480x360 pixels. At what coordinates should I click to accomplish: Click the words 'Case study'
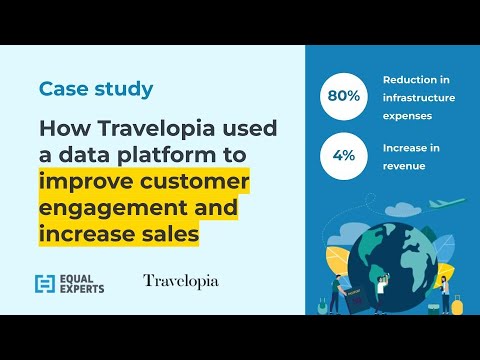[96, 89]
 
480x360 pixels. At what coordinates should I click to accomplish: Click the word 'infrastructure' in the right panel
[419, 98]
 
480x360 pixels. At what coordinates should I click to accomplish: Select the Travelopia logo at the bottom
[180, 281]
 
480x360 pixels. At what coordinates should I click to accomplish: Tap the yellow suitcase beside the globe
[457, 303]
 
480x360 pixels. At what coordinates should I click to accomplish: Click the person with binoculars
[381, 291]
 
